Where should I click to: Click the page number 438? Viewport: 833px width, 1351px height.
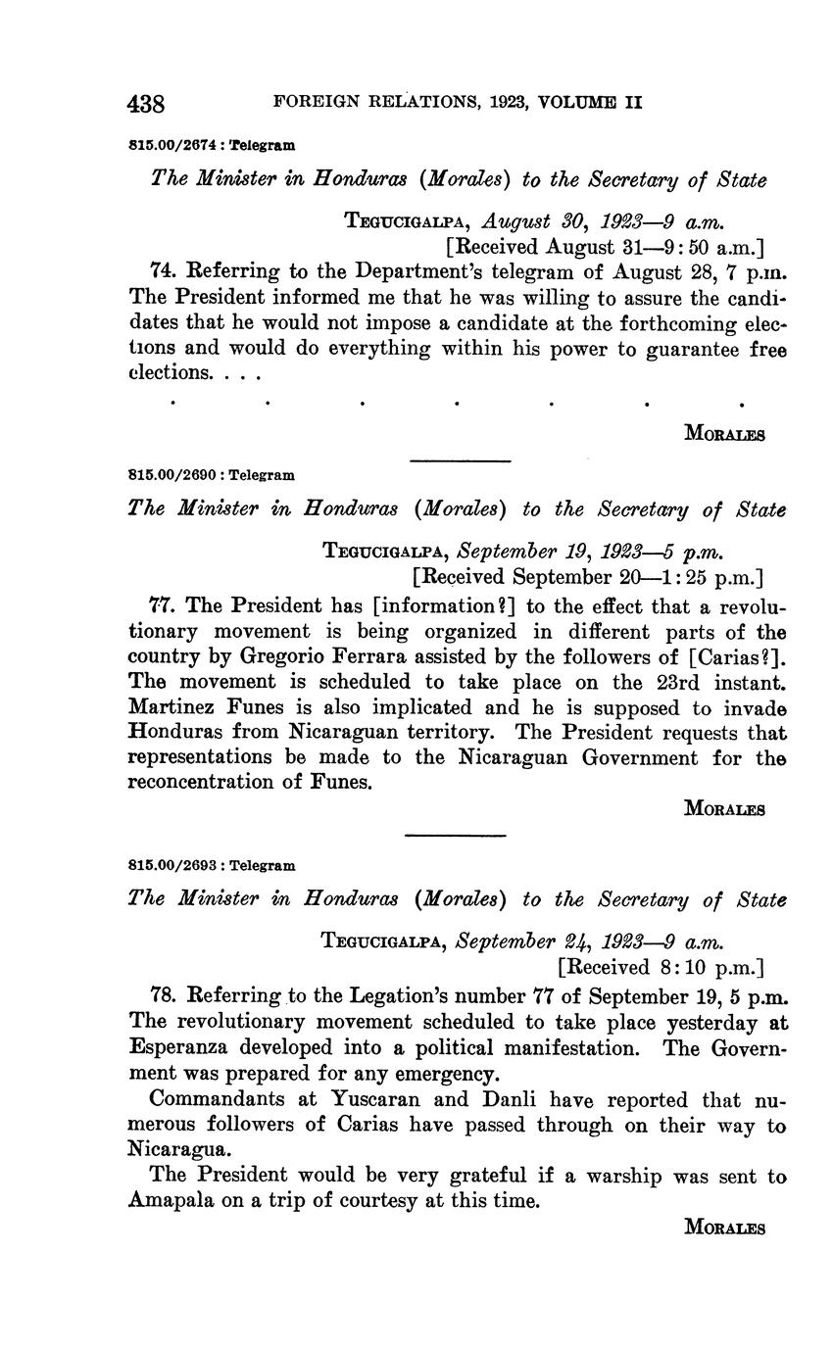[146, 103]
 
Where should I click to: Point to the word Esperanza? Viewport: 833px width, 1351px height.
[179, 1048]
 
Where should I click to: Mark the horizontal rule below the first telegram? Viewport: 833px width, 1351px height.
[459, 460]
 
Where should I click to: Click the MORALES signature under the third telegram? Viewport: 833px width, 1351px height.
[724, 1227]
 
